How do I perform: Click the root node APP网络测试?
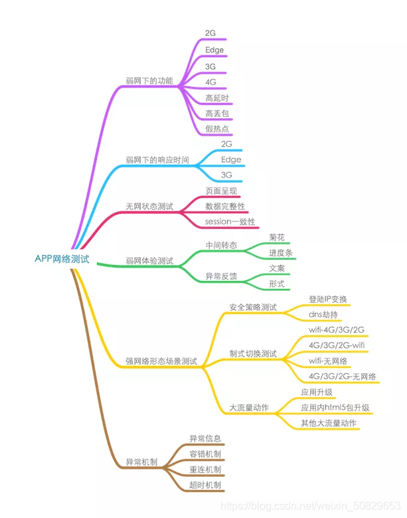pos(62,258)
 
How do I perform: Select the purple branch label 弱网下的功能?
pos(149,81)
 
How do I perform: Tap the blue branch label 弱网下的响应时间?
pos(157,160)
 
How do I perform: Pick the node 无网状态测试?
pos(149,207)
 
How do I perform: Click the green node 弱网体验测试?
pos(149,261)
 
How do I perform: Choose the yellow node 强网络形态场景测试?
pos(161,361)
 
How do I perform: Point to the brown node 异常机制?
pos(141,462)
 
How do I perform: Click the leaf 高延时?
pos(217,98)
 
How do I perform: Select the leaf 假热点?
pos(217,129)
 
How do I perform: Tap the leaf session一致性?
pos(230,221)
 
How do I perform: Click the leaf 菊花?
pos(277,237)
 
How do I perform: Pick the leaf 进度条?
pos(281,253)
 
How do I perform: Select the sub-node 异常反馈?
pos(221,276)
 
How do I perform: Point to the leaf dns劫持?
pos(323,314)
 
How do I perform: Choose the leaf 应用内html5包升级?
pos(335,407)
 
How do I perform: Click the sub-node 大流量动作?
pos(249,407)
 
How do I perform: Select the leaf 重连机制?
pos(205,470)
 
